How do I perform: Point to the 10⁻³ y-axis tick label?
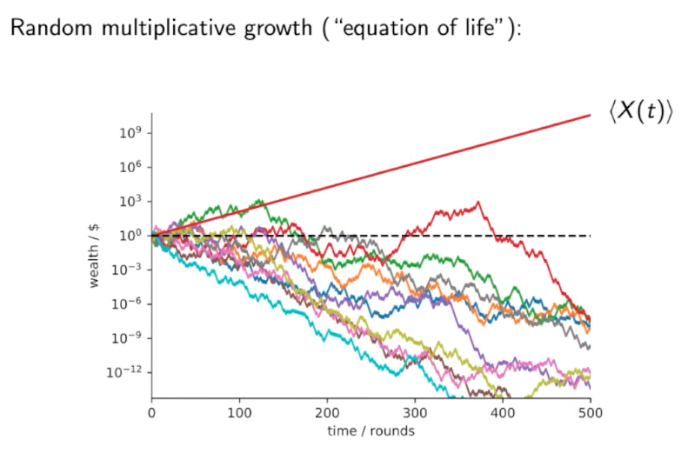point(129,270)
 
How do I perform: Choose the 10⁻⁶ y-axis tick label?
point(129,303)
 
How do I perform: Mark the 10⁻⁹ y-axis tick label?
point(129,337)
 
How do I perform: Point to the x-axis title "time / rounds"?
point(371,430)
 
